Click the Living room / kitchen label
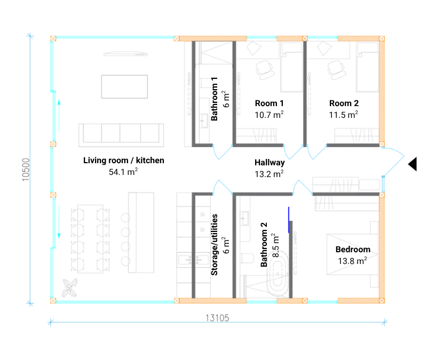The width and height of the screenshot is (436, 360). coord(124,160)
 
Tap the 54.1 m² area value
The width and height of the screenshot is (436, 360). coord(124,172)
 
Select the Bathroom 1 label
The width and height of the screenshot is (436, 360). coord(215,99)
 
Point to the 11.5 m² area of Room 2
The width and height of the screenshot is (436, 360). coord(344,115)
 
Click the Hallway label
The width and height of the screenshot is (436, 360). coord(269,162)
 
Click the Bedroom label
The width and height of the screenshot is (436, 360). coord(353,249)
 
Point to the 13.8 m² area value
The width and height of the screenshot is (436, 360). coord(353,261)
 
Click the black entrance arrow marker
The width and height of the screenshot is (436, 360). coord(412,164)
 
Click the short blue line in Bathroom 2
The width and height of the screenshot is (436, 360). coord(289,220)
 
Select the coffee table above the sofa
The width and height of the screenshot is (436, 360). coord(124,86)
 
